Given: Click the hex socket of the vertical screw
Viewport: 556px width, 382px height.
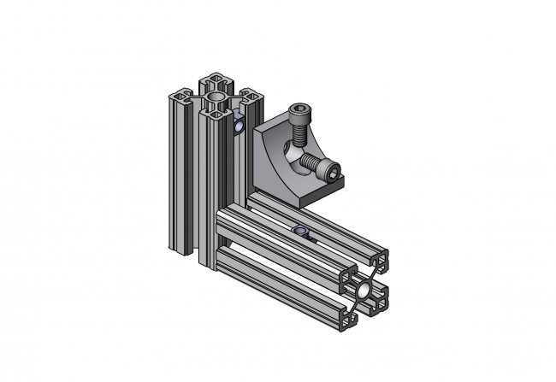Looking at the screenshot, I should (x=299, y=110).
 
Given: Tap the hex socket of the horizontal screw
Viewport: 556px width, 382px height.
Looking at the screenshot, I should (x=330, y=169).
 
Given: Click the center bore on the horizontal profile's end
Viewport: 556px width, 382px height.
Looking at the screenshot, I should (x=365, y=290).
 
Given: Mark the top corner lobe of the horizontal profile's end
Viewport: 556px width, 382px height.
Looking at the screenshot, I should (x=378, y=259).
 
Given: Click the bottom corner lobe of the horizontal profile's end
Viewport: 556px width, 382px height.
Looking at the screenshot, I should (x=352, y=320).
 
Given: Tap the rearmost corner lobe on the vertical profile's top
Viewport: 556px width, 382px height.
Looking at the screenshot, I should (x=212, y=81).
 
